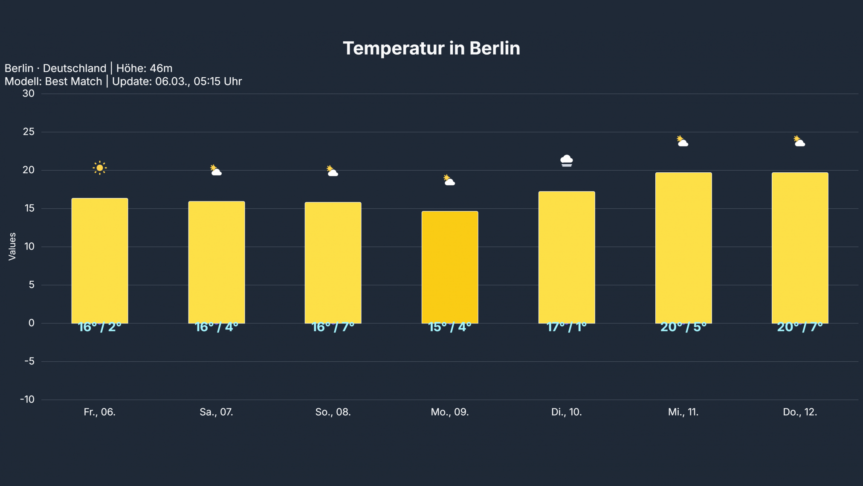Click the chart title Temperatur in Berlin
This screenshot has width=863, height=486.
click(431, 48)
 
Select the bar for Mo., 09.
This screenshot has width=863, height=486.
click(450, 267)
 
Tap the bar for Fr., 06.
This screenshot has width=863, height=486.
click(100, 261)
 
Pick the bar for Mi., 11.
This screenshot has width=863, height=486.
click(683, 248)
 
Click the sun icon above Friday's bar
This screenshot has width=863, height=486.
click(100, 168)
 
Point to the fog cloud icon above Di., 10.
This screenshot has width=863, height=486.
click(566, 161)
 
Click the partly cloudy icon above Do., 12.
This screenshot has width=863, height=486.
click(799, 141)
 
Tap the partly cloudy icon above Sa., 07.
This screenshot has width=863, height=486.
click(216, 170)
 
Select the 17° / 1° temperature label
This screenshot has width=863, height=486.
click(566, 327)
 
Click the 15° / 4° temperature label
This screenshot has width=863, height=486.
click(450, 327)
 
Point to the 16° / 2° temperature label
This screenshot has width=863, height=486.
click(100, 327)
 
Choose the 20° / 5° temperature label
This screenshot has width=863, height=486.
click(683, 327)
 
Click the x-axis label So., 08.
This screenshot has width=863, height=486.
click(333, 412)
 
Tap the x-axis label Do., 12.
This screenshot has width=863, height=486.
click(800, 412)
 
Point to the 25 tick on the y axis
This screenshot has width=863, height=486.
click(29, 132)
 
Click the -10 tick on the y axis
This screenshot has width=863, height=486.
click(27, 400)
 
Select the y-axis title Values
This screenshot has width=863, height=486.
click(12, 246)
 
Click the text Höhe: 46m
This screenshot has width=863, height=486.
click(144, 68)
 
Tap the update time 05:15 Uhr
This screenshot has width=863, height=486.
click(217, 81)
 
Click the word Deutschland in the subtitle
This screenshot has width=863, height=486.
click(75, 68)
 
